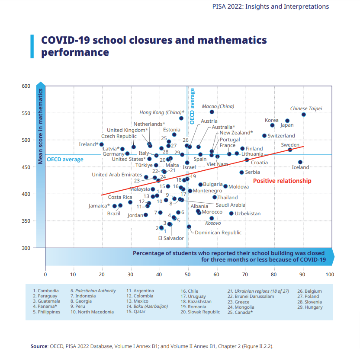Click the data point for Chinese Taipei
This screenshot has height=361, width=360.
click(304, 115)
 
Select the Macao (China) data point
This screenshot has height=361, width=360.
click(212, 112)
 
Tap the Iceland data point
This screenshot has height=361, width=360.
click(300, 162)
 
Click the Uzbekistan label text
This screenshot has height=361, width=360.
click(247, 214)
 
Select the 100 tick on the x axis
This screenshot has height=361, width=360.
click(330, 274)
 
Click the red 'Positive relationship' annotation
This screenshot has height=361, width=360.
click(282, 181)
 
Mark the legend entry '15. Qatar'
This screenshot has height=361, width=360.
click(136, 312)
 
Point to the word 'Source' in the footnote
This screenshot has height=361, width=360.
click(38, 346)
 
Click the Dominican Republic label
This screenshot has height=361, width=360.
click(218, 233)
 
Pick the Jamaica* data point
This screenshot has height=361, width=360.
click(115, 206)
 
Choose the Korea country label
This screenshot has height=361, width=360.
click(271, 120)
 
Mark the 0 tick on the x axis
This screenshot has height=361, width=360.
click(45, 274)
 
